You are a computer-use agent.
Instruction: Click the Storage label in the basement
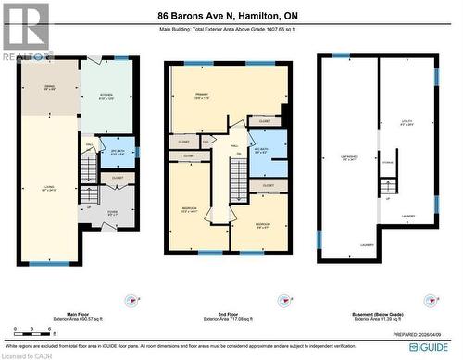pyautogui.click(x=386, y=168)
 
